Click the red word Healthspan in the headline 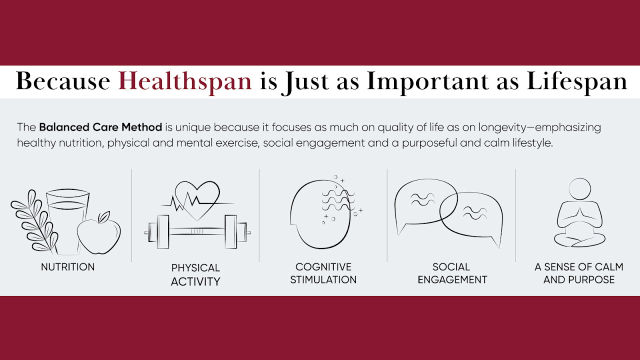pos(185,81)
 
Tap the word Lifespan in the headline pos(577,81)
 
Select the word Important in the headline pos(427,81)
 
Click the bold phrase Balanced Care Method pos(100,127)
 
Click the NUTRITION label pos(67,267)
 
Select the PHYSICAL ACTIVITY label pos(195,274)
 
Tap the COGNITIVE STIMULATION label pos(323,273)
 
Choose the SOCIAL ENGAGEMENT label pos(452,273)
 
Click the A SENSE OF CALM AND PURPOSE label pos(579,273)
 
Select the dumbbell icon pos(197,231)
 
